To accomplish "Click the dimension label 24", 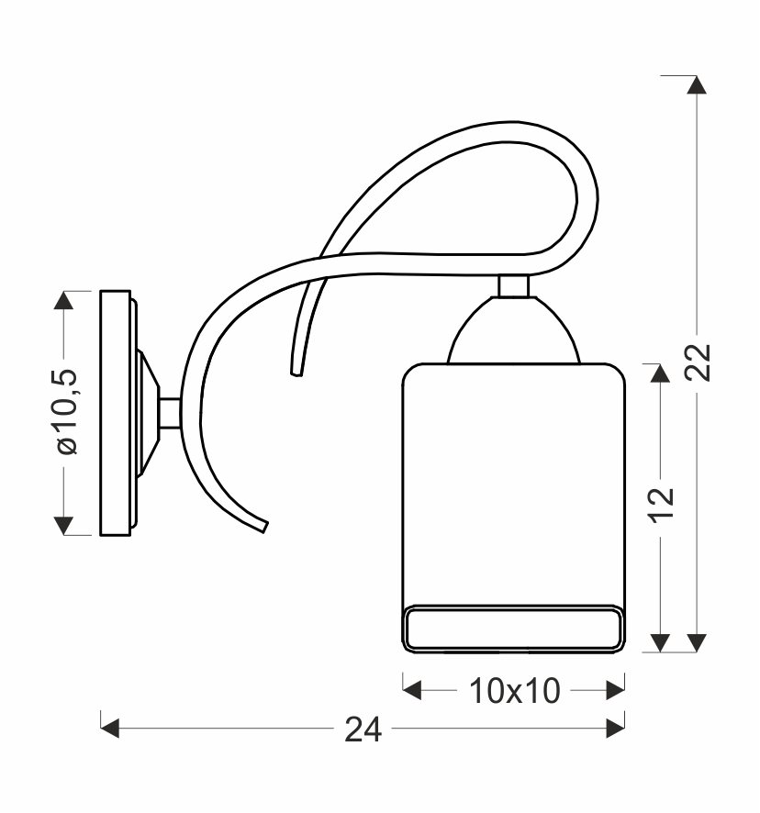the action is pos(363,729).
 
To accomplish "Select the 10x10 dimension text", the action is pos(514,691).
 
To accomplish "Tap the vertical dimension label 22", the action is pos(697,362).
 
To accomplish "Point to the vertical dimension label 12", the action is pos(662,505).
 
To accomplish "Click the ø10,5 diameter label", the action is pos(67,412).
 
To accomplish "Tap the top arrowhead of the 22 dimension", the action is pos(696,84).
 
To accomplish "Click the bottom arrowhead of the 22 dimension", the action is pos(696,643).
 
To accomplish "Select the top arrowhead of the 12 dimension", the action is pos(659,373).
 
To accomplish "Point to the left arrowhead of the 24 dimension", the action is pos(110,728).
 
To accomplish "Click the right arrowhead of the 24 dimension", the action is pos(615,728).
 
